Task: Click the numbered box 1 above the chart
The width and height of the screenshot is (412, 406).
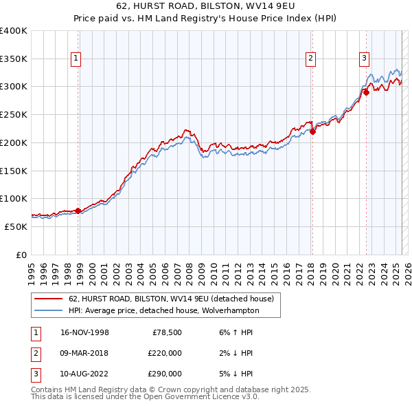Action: point(75,59)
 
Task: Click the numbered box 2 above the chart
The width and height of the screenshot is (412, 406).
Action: point(311,59)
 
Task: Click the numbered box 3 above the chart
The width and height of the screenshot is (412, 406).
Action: point(364,59)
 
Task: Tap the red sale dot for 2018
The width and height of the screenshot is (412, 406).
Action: point(312,131)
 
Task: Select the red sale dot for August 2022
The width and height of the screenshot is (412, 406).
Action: point(366,92)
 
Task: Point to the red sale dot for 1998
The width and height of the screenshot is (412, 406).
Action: point(78,211)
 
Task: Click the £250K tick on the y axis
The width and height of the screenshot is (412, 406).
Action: point(14,115)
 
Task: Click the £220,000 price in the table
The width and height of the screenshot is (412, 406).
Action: point(165,353)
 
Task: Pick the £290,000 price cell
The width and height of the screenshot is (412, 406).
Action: point(165,374)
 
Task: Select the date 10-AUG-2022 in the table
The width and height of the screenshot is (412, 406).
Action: point(85,374)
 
